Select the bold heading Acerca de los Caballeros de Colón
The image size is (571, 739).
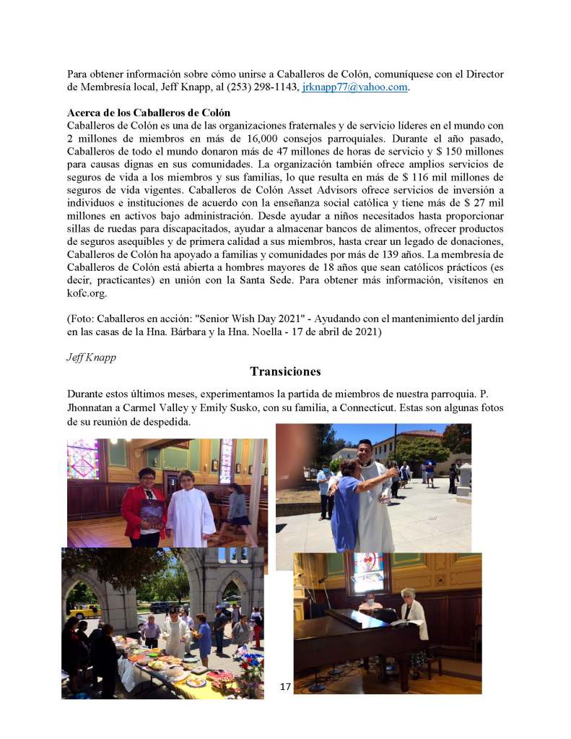pos(149,113)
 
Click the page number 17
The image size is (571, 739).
pos(284,686)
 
